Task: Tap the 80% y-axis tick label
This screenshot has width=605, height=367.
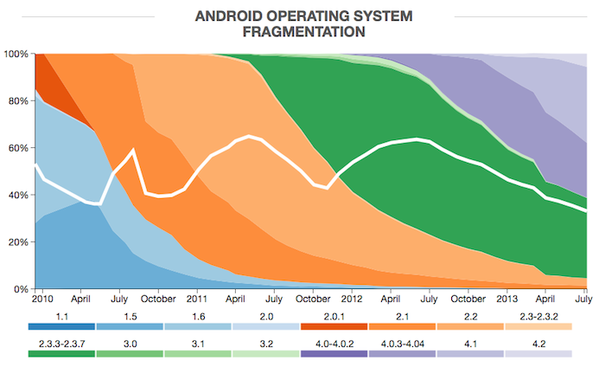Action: pos(16,100)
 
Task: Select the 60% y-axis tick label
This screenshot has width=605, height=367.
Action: pos(16,148)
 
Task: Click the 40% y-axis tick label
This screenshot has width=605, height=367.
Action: pos(16,195)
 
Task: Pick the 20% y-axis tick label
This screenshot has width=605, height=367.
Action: pos(16,241)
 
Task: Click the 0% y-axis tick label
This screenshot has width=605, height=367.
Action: pos(19,288)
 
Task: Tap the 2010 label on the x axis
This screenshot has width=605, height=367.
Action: pos(42,299)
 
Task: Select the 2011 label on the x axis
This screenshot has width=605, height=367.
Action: pos(196,299)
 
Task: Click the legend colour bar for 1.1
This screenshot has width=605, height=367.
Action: pos(61,326)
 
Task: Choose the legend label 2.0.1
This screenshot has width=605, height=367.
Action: pos(334,317)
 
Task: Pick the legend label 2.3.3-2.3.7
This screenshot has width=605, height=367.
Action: pos(61,345)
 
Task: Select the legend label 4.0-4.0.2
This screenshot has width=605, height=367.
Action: pos(334,345)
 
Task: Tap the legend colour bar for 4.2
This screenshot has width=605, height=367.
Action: pos(538,354)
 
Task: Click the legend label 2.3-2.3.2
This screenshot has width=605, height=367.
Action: pos(538,317)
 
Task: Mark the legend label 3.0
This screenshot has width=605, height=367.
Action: pos(130,345)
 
